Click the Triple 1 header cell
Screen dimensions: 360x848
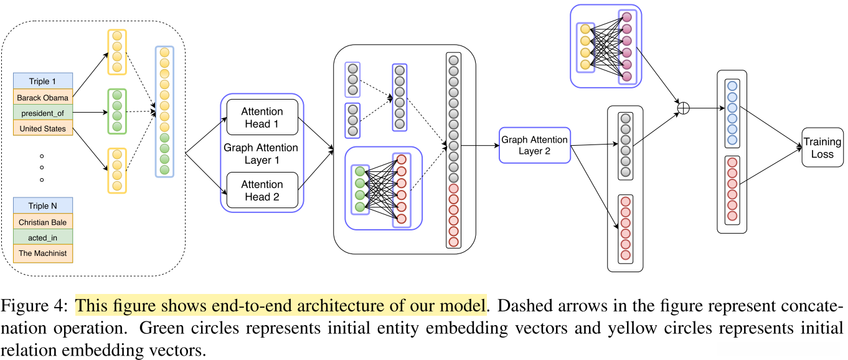click(x=42, y=82)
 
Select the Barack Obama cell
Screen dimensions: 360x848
click(x=42, y=98)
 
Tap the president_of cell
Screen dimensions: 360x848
click(x=42, y=113)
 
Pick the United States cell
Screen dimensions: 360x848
click(x=42, y=129)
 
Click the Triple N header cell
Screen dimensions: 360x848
click(x=42, y=206)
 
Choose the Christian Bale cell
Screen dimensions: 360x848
click(x=42, y=222)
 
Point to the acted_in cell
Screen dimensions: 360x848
click(x=42, y=237)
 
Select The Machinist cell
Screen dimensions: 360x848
click(x=42, y=253)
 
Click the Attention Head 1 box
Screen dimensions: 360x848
click(x=262, y=117)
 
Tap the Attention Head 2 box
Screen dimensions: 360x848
click(x=262, y=190)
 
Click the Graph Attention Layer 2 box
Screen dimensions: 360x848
click(x=534, y=145)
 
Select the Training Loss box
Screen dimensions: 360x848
click(x=822, y=148)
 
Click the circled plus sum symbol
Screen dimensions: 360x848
click(x=683, y=108)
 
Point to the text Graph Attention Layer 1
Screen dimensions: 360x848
click(x=261, y=154)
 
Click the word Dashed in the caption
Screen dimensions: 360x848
click(x=521, y=306)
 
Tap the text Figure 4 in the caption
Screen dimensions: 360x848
click(x=34, y=306)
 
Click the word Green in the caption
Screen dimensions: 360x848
click(x=161, y=328)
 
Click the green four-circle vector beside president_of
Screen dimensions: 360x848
click(x=116, y=110)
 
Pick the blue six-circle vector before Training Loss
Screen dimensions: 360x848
click(x=732, y=113)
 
